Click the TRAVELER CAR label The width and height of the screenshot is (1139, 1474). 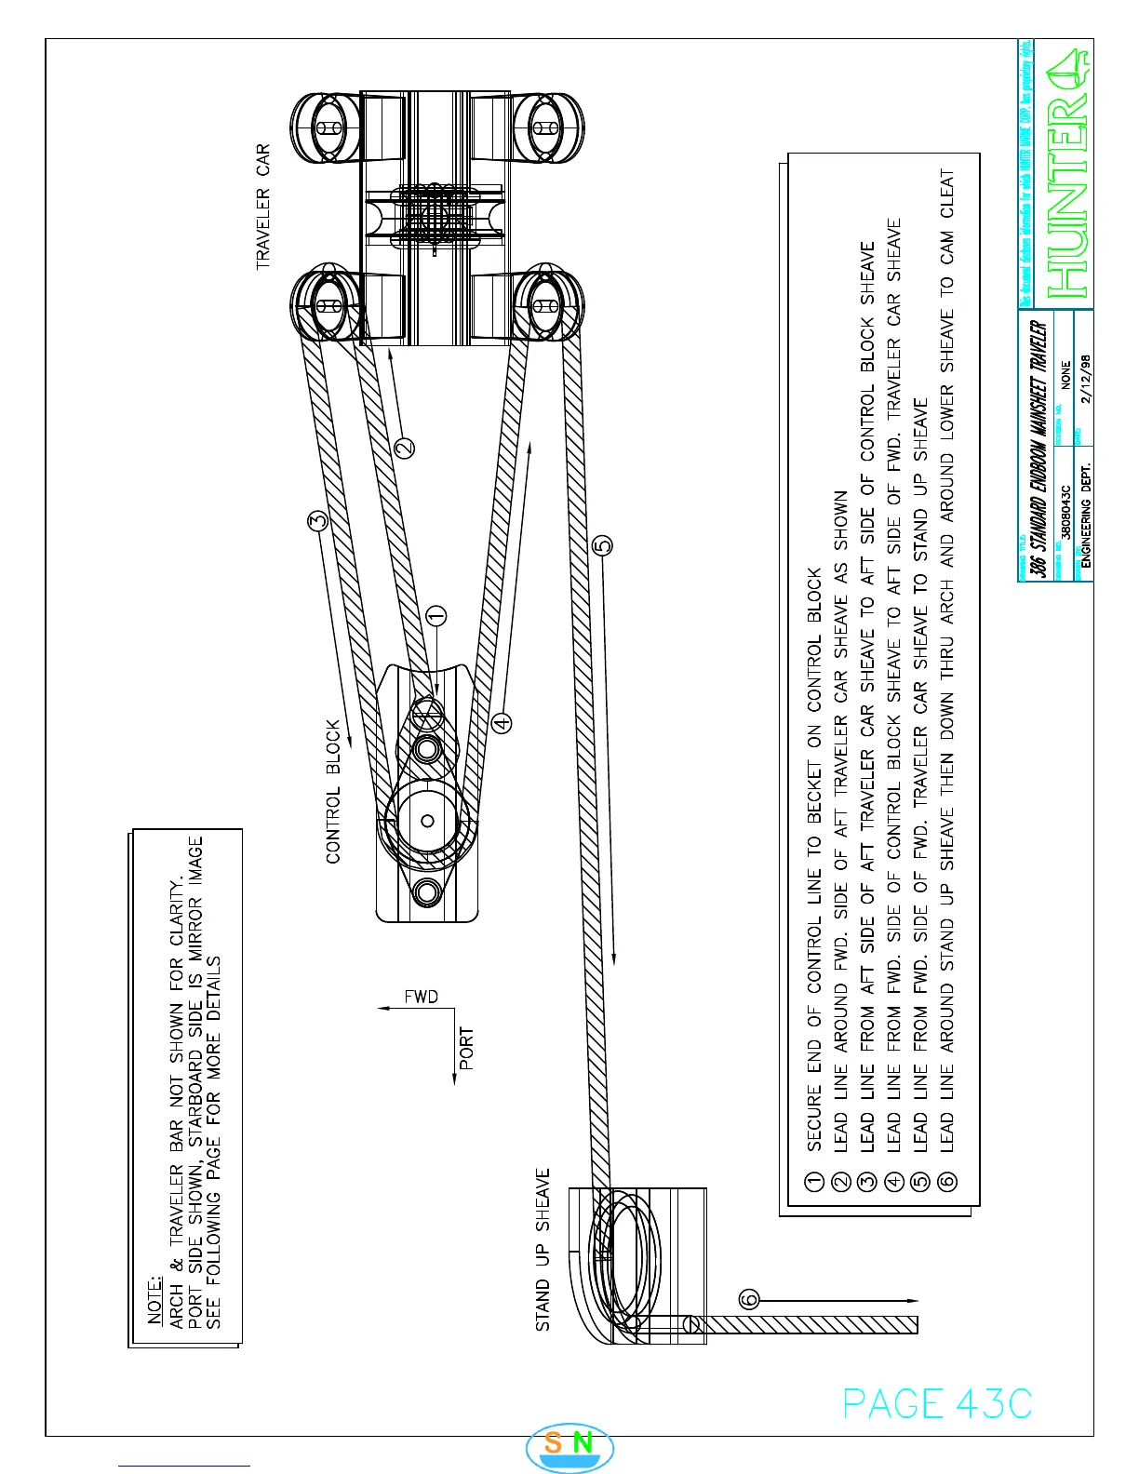coord(263,207)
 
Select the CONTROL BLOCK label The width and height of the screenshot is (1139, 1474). coord(334,791)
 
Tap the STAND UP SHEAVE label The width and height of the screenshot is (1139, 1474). coord(543,1249)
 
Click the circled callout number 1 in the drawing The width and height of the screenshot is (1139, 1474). coord(436,616)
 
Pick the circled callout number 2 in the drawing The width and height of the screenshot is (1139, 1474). coord(405,449)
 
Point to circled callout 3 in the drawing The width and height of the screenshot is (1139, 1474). coord(318,522)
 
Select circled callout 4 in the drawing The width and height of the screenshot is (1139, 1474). coord(502,722)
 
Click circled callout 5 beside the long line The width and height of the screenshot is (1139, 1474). coord(602,544)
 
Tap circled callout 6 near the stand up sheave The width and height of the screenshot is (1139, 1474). coord(750,1299)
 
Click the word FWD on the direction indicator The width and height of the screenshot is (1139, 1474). coord(421,997)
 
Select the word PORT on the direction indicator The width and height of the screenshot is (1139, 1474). coord(467,1049)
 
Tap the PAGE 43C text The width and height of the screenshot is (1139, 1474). coord(937,1403)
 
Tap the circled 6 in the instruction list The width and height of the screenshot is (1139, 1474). coord(947,1182)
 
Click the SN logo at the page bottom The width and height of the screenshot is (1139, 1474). coord(569,1444)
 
